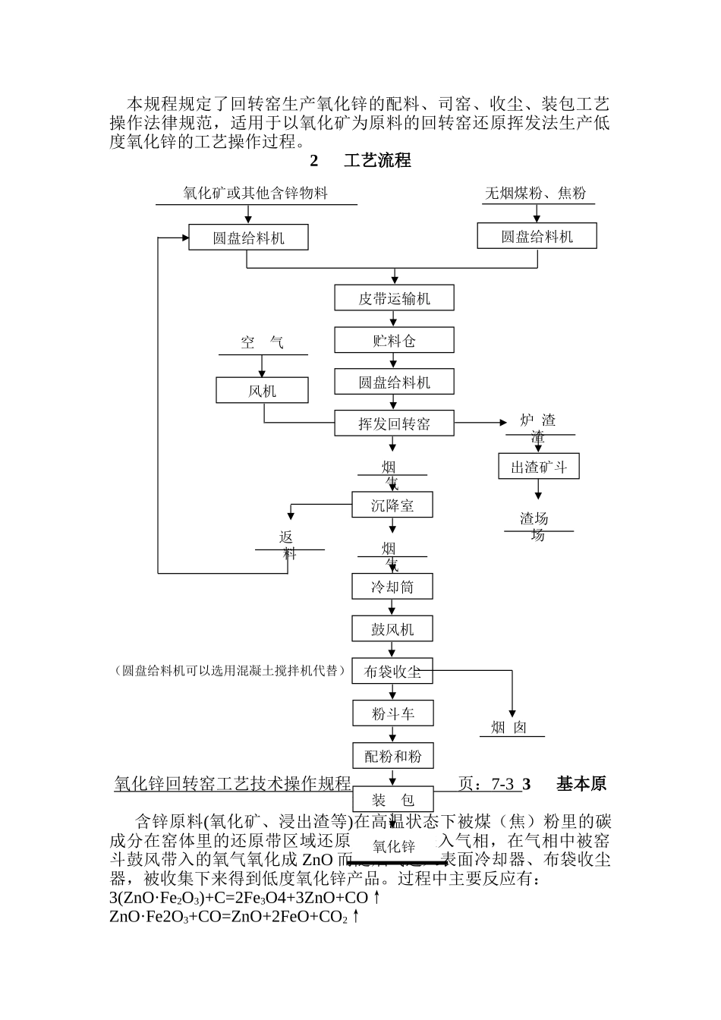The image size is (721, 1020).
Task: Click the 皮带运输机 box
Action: pyautogui.click(x=394, y=298)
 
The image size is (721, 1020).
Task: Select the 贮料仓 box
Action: pyautogui.click(x=394, y=340)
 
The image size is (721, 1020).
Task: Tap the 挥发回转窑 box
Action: pyautogui.click(x=394, y=423)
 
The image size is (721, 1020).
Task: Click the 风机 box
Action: pyautogui.click(x=262, y=391)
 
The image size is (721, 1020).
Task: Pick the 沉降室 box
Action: pyautogui.click(x=392, y=505)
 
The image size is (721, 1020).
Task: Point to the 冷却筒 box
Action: pyautogui.click(x=392, y=586)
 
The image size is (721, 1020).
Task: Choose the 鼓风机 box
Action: pyautogui.click(x=392, y=628)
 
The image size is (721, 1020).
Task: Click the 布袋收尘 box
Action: pyautogui.click(x=392, y=671)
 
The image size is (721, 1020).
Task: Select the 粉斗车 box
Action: pyautogui.click(x=392, y=713)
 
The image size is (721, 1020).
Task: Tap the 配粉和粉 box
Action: pyautogui.click(x=392, y=756)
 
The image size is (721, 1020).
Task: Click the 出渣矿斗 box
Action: pyautogui.click(x=538, y=467)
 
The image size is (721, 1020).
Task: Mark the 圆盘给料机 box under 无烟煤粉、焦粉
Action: pyautogui.click(x=537, y=236)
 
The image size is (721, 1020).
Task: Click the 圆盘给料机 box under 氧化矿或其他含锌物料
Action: pyautogui.click(x=247, y=238)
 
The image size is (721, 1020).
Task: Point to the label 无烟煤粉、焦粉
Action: pyautogui.click(x=535, y=194)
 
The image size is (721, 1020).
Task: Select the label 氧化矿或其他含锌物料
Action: pyautogui.click(x=255, y=194)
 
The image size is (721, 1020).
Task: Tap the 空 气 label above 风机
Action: pyautogui.click(x=262, y=343)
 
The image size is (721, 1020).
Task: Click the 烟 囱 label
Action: pyautogui.click(x=508, y=728)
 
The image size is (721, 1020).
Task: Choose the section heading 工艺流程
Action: pyautogui.click(x=377, y=161)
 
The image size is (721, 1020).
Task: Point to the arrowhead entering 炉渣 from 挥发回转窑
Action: pyautogui.click(x=502, y=423)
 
